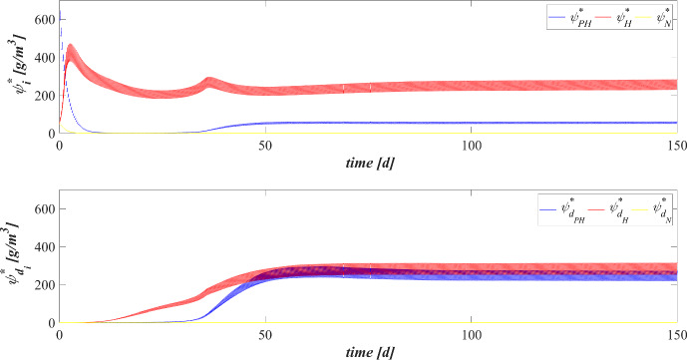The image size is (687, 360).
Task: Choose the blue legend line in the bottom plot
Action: (x=523, y=211)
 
